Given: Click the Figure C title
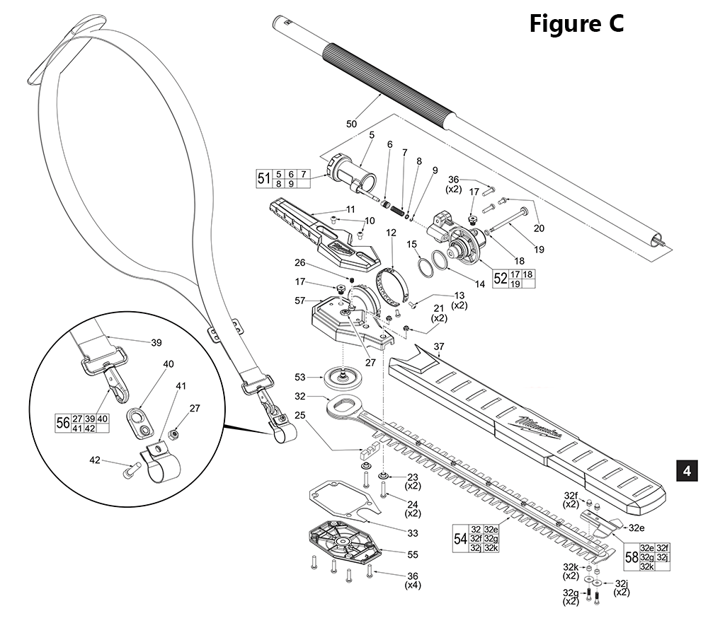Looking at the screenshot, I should click(x=576, y=24).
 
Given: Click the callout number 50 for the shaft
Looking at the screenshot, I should click(x=352, y=124).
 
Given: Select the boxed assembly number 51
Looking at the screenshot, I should click(x=263, y=178).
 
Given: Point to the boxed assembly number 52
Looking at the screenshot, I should click(x=501, y=278).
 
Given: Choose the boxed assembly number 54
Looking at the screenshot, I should click(x=460, y=539).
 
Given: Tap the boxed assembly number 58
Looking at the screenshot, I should click(x=630, y=557).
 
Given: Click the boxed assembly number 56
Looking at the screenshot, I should click(x=63, y=423).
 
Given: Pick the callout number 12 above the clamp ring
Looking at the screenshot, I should click(x=390, y=233).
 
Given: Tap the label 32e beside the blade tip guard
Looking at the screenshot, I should click(x=636, y=528).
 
